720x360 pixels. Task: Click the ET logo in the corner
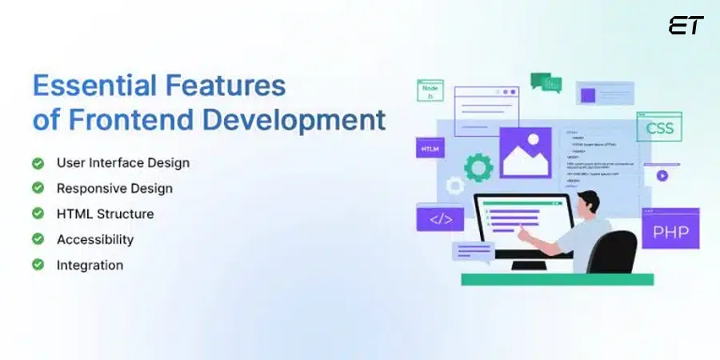click(686, 26)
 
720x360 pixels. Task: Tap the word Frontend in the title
click(131, 119)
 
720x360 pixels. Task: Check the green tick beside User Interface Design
click(38, 163)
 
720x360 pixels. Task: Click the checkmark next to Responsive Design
click(38, 189)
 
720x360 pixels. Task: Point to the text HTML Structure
click(105, 214)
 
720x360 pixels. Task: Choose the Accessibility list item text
click(95, 239)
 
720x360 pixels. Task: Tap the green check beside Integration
click(38, 265)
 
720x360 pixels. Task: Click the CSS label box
click(659, 127)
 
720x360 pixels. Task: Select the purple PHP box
click(670, 232)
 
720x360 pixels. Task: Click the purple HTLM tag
click(430, 149)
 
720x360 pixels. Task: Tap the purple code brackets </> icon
click(440, 218)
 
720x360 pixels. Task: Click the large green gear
click(478, 166)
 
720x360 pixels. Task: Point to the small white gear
click(455, 186)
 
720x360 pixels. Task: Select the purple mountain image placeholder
click(526, 153)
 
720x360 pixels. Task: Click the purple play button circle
click(662, 176)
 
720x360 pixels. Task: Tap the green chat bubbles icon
click(546, 82)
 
